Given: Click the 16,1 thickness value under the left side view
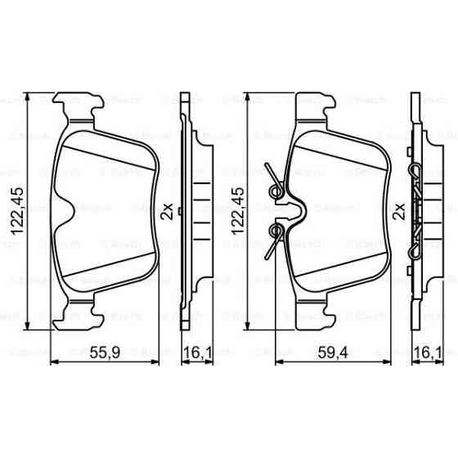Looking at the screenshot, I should coord(193,353).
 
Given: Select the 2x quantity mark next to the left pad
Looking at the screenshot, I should coord(168,210).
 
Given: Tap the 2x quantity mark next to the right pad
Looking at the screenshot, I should coord(399,210).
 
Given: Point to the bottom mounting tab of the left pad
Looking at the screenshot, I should coord(82,312).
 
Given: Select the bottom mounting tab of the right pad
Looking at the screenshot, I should coord(315,312).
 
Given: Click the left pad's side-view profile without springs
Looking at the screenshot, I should coord(193,210).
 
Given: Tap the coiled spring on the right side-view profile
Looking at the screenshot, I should coord(419,210).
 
